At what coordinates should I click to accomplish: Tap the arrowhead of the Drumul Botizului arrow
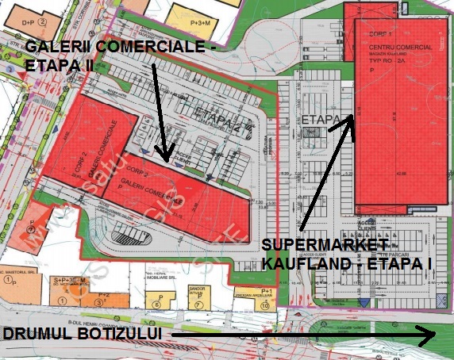click(x=429, y=336)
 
